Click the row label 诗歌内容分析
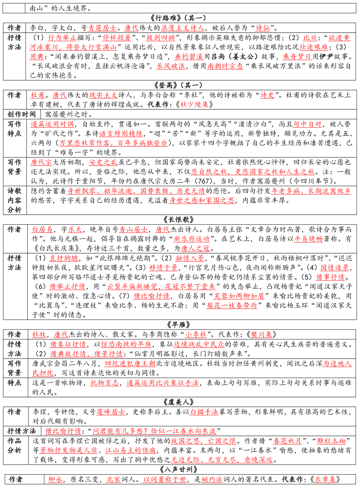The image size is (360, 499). (x=14, y=200)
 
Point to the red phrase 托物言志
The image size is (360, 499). (x=105, y=382)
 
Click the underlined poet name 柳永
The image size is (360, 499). (x=55, y=479)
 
